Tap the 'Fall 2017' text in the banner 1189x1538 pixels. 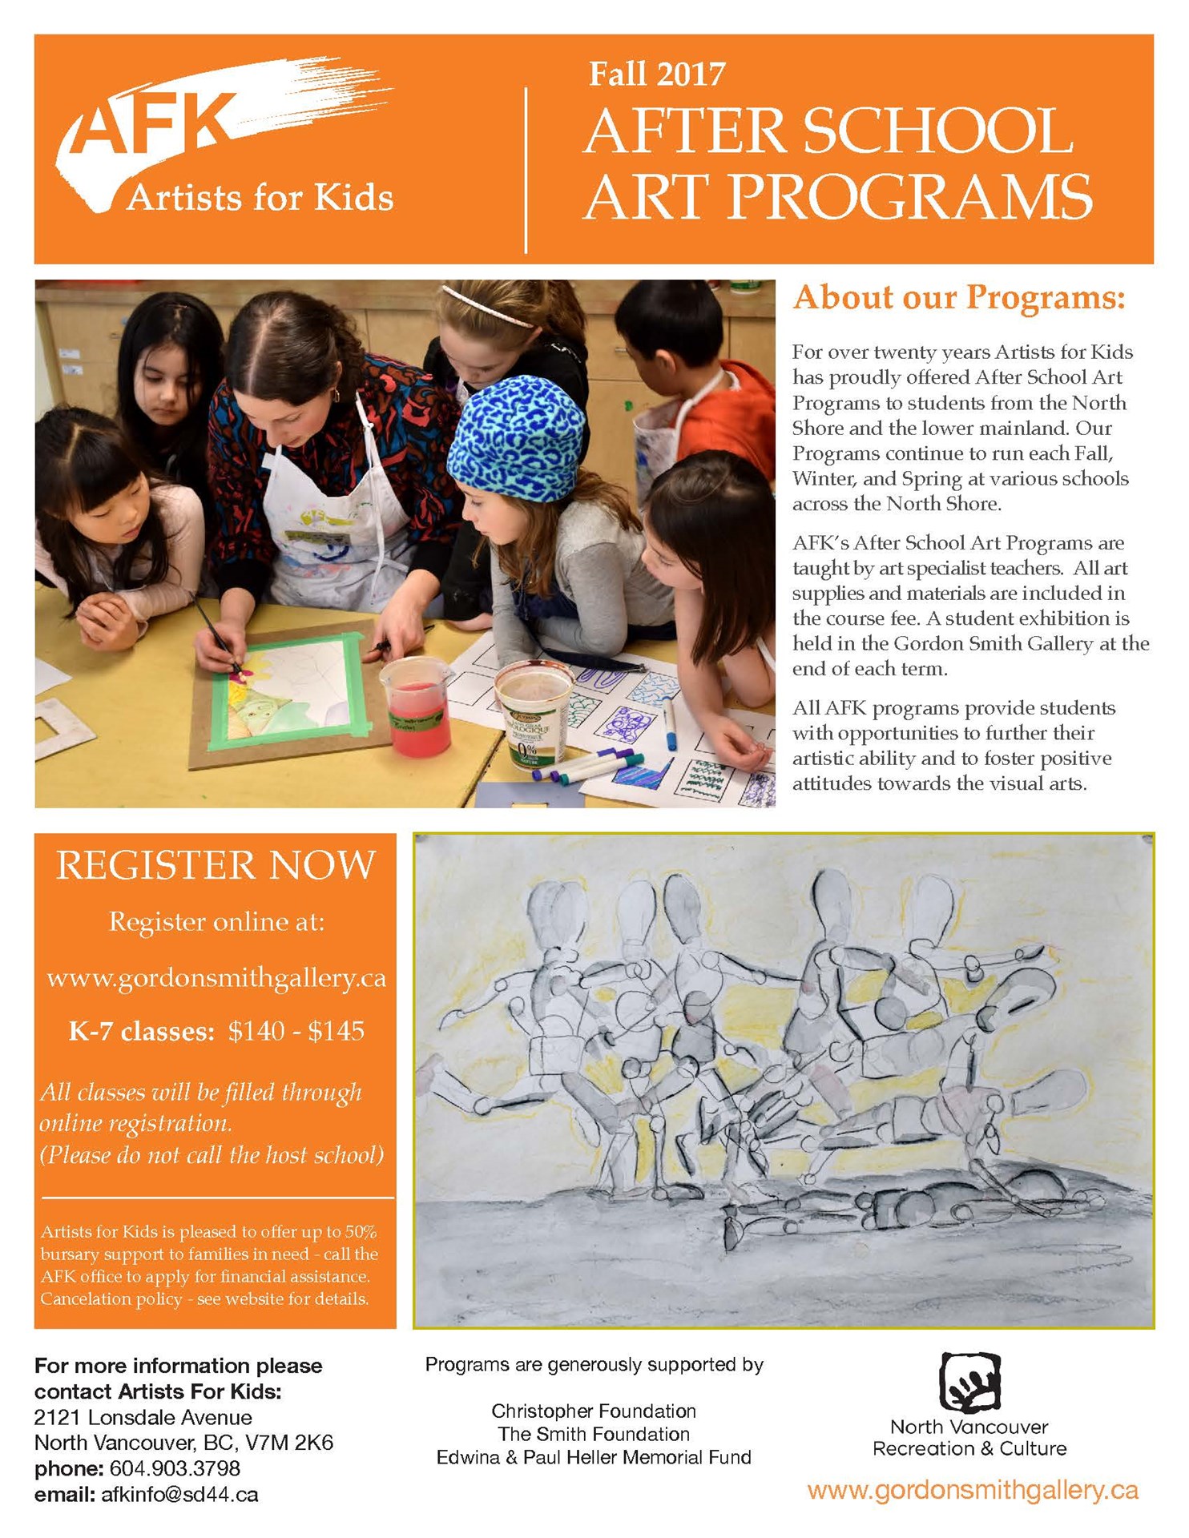tap(656, 74)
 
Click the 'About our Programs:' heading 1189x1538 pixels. tap(959, 298)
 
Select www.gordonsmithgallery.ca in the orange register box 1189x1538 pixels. tap(216, 978)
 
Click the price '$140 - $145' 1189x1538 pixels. tap(296, 1031)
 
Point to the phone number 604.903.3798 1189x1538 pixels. tap(175, 1468)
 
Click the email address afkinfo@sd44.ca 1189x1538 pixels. tap(179, 1494)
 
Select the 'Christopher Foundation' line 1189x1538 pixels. tap(594, 1411)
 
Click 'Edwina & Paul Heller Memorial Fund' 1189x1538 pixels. tap(594, 1457)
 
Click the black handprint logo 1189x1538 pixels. tap(969, 1382)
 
